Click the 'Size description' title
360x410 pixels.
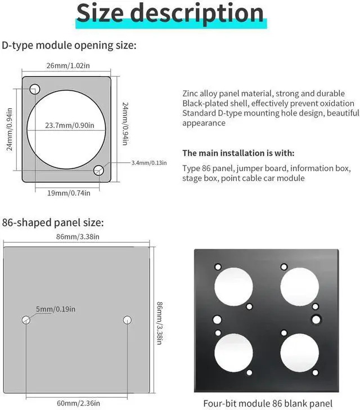169,14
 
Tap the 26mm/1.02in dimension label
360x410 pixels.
67,66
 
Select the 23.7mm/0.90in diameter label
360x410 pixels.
70,125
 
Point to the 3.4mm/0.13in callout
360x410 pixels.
149,163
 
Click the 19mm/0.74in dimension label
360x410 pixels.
66,193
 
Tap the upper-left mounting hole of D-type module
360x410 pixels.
35,88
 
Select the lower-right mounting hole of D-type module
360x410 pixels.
99,170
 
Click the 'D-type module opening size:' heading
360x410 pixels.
69,45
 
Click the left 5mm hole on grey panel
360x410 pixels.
26,320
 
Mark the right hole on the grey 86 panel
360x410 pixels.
127,320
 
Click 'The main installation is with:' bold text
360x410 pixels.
238,153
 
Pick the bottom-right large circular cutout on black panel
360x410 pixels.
299,352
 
